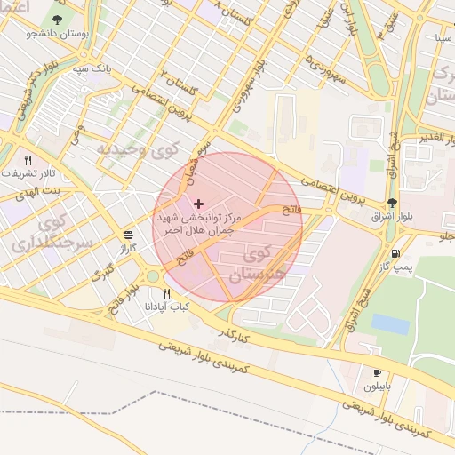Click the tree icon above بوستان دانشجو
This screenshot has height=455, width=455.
(58, 19)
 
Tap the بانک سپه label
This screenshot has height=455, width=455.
(93, 68)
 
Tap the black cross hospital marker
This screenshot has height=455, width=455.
(197, 204)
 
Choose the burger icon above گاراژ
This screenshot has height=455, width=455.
(129, 235)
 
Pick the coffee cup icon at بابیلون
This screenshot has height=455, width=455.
(377, 372)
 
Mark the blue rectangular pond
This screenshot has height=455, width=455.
(390, 324)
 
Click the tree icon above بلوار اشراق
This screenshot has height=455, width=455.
(392, 202)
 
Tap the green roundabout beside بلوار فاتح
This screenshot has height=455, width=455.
(152, 275)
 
